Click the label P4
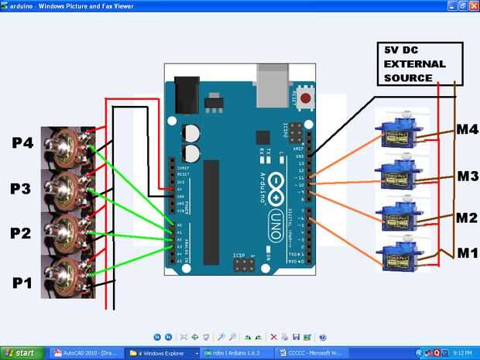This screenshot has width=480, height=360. [22, 142]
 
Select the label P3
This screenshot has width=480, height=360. [22, 188]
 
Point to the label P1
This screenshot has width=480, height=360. [22, 283]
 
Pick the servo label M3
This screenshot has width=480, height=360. [467, 177]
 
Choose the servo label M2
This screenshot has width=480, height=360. [467, 218]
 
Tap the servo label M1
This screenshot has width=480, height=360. [467, 253]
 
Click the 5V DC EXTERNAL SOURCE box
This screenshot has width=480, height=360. [421, 63]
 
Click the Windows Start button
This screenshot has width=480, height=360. [21, 353]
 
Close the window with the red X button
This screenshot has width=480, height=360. [472, 5]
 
